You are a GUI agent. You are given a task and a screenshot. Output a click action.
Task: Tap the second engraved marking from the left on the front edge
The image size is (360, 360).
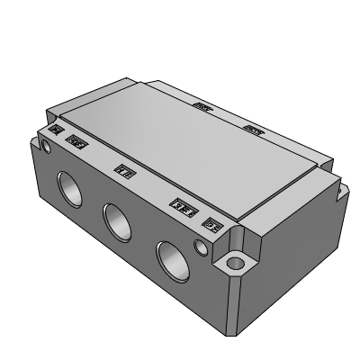tap(77, 141)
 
